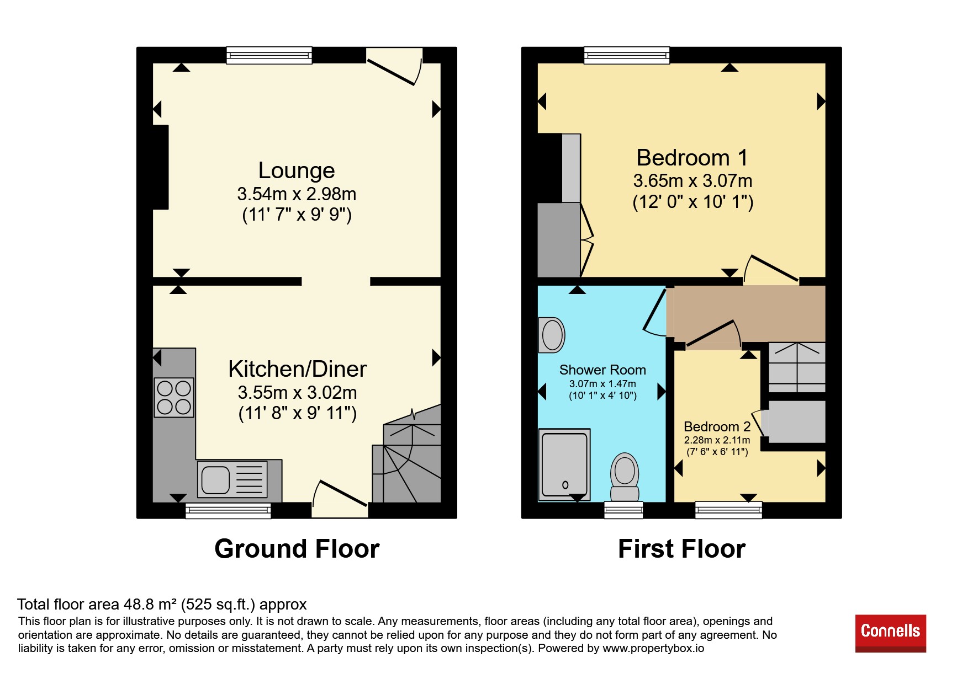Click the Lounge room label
(x=297, y=170)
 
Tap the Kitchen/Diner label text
(x=297, y=369)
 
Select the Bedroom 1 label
(x=692, y=158)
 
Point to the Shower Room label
(x=602, y=370)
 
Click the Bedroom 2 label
(x=717, y=426)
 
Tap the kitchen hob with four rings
(x=174, y=397)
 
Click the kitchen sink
(x=232, y=479)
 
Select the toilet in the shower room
(x=625, y=477)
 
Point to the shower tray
(x=564, y=464)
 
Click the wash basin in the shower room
(x=552, y=335)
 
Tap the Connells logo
(x=891, y=633)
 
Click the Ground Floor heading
(x=297, y=549)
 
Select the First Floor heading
(x=682, y=549)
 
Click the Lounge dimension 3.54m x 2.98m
(x=297, y=194)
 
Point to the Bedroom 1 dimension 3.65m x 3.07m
(x=692, y=180)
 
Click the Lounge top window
(x=269, y=55)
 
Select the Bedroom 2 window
(x=729, y=510)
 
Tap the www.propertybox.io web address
(x=653, y=648)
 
